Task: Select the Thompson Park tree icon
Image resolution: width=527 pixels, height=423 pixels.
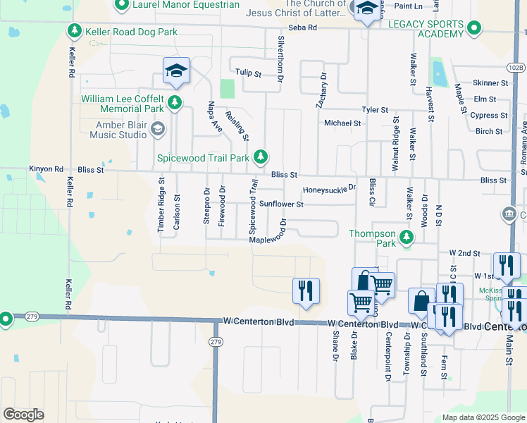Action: (x=406, y=238)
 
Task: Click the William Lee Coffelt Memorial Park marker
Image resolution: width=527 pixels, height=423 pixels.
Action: (x=175, y=104)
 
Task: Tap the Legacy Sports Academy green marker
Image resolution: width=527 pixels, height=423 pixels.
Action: (x=475, y=28)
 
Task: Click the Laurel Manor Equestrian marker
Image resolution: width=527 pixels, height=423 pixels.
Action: (x=121, y=5)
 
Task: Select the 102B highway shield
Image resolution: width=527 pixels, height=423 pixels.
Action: (x=516, y=67)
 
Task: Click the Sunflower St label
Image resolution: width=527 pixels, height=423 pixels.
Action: (x=281, y=204)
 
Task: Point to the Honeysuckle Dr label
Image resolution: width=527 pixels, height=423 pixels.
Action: (x=330, y=190)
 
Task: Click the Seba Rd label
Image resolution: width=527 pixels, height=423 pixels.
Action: (x=307, y=27)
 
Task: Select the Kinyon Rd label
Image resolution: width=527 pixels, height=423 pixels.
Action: (x=46, y=169)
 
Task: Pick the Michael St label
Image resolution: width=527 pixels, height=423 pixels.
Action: (x=342, y=123)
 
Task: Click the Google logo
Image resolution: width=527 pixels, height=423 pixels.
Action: (x=23, y=415)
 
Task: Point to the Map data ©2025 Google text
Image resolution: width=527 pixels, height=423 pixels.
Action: (x=483, y=417)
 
